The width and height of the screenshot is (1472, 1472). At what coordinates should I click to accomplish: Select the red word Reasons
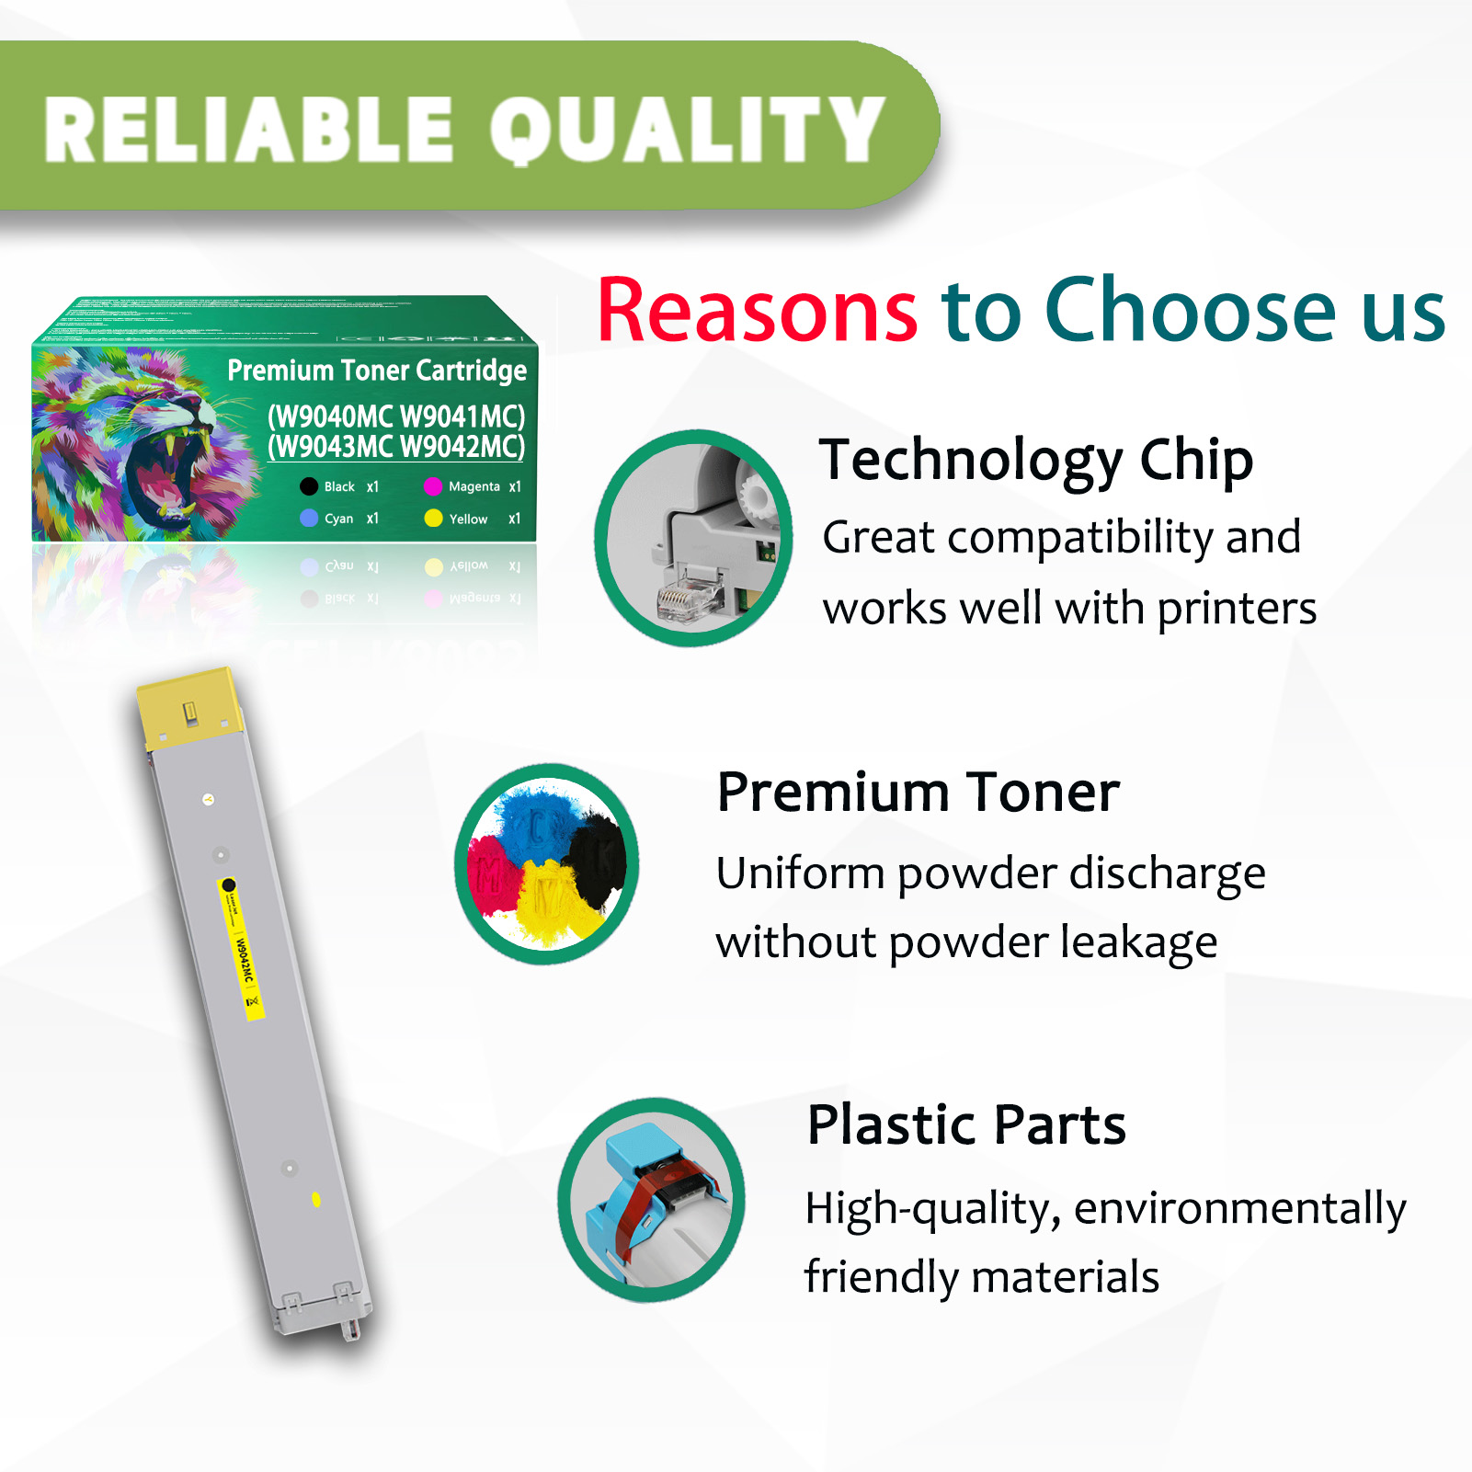[757, 311]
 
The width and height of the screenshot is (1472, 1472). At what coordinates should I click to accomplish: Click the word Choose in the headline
[1191, 311]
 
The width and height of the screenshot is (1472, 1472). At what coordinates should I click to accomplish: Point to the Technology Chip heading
[1036, 460]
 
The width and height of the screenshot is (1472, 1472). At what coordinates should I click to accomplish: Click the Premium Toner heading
[918, 793]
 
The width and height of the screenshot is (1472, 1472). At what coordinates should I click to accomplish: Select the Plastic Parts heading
[966, 1124]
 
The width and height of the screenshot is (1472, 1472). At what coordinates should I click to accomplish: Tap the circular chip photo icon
[693, 538]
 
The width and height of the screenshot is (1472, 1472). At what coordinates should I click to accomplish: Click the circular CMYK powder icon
[547, 863]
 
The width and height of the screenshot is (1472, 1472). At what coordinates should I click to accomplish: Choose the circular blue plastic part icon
[652, 1199]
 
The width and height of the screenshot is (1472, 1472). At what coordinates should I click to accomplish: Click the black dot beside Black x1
[309, 486]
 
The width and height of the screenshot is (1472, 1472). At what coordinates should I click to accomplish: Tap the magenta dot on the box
[433, 486]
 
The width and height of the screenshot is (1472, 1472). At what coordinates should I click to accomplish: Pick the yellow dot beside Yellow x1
[433, 519]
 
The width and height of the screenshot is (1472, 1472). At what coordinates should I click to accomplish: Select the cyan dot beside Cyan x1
[309, 519]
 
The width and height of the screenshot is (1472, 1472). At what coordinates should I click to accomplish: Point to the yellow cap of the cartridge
[188, 708]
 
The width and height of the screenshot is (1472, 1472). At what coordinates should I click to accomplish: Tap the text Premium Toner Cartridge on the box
[377, 371]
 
